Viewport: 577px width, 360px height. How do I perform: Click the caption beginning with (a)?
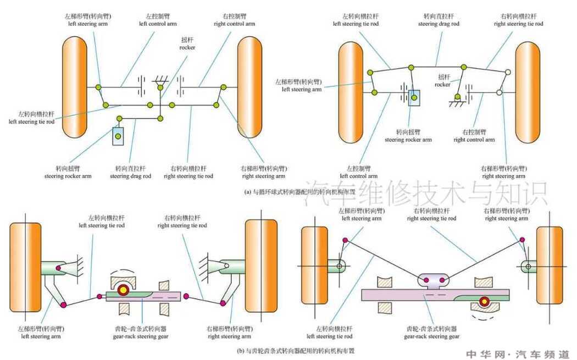point(299,192)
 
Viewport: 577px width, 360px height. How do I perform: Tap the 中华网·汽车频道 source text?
point(518,354)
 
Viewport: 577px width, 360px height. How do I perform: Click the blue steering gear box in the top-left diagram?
point(119,136)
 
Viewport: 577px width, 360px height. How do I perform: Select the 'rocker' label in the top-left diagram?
point(187,44)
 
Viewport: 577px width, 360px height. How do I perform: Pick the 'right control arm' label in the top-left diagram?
point(234,20)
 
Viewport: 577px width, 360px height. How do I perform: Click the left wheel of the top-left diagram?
point(75,87)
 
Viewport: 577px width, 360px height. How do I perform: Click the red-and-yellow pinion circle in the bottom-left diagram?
point(124,290)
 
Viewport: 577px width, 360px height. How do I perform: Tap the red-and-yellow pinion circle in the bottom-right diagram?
point(484,301)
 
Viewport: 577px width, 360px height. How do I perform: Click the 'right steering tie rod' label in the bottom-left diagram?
point(182,221)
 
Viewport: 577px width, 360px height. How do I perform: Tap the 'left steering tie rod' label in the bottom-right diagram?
point(329,333)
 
